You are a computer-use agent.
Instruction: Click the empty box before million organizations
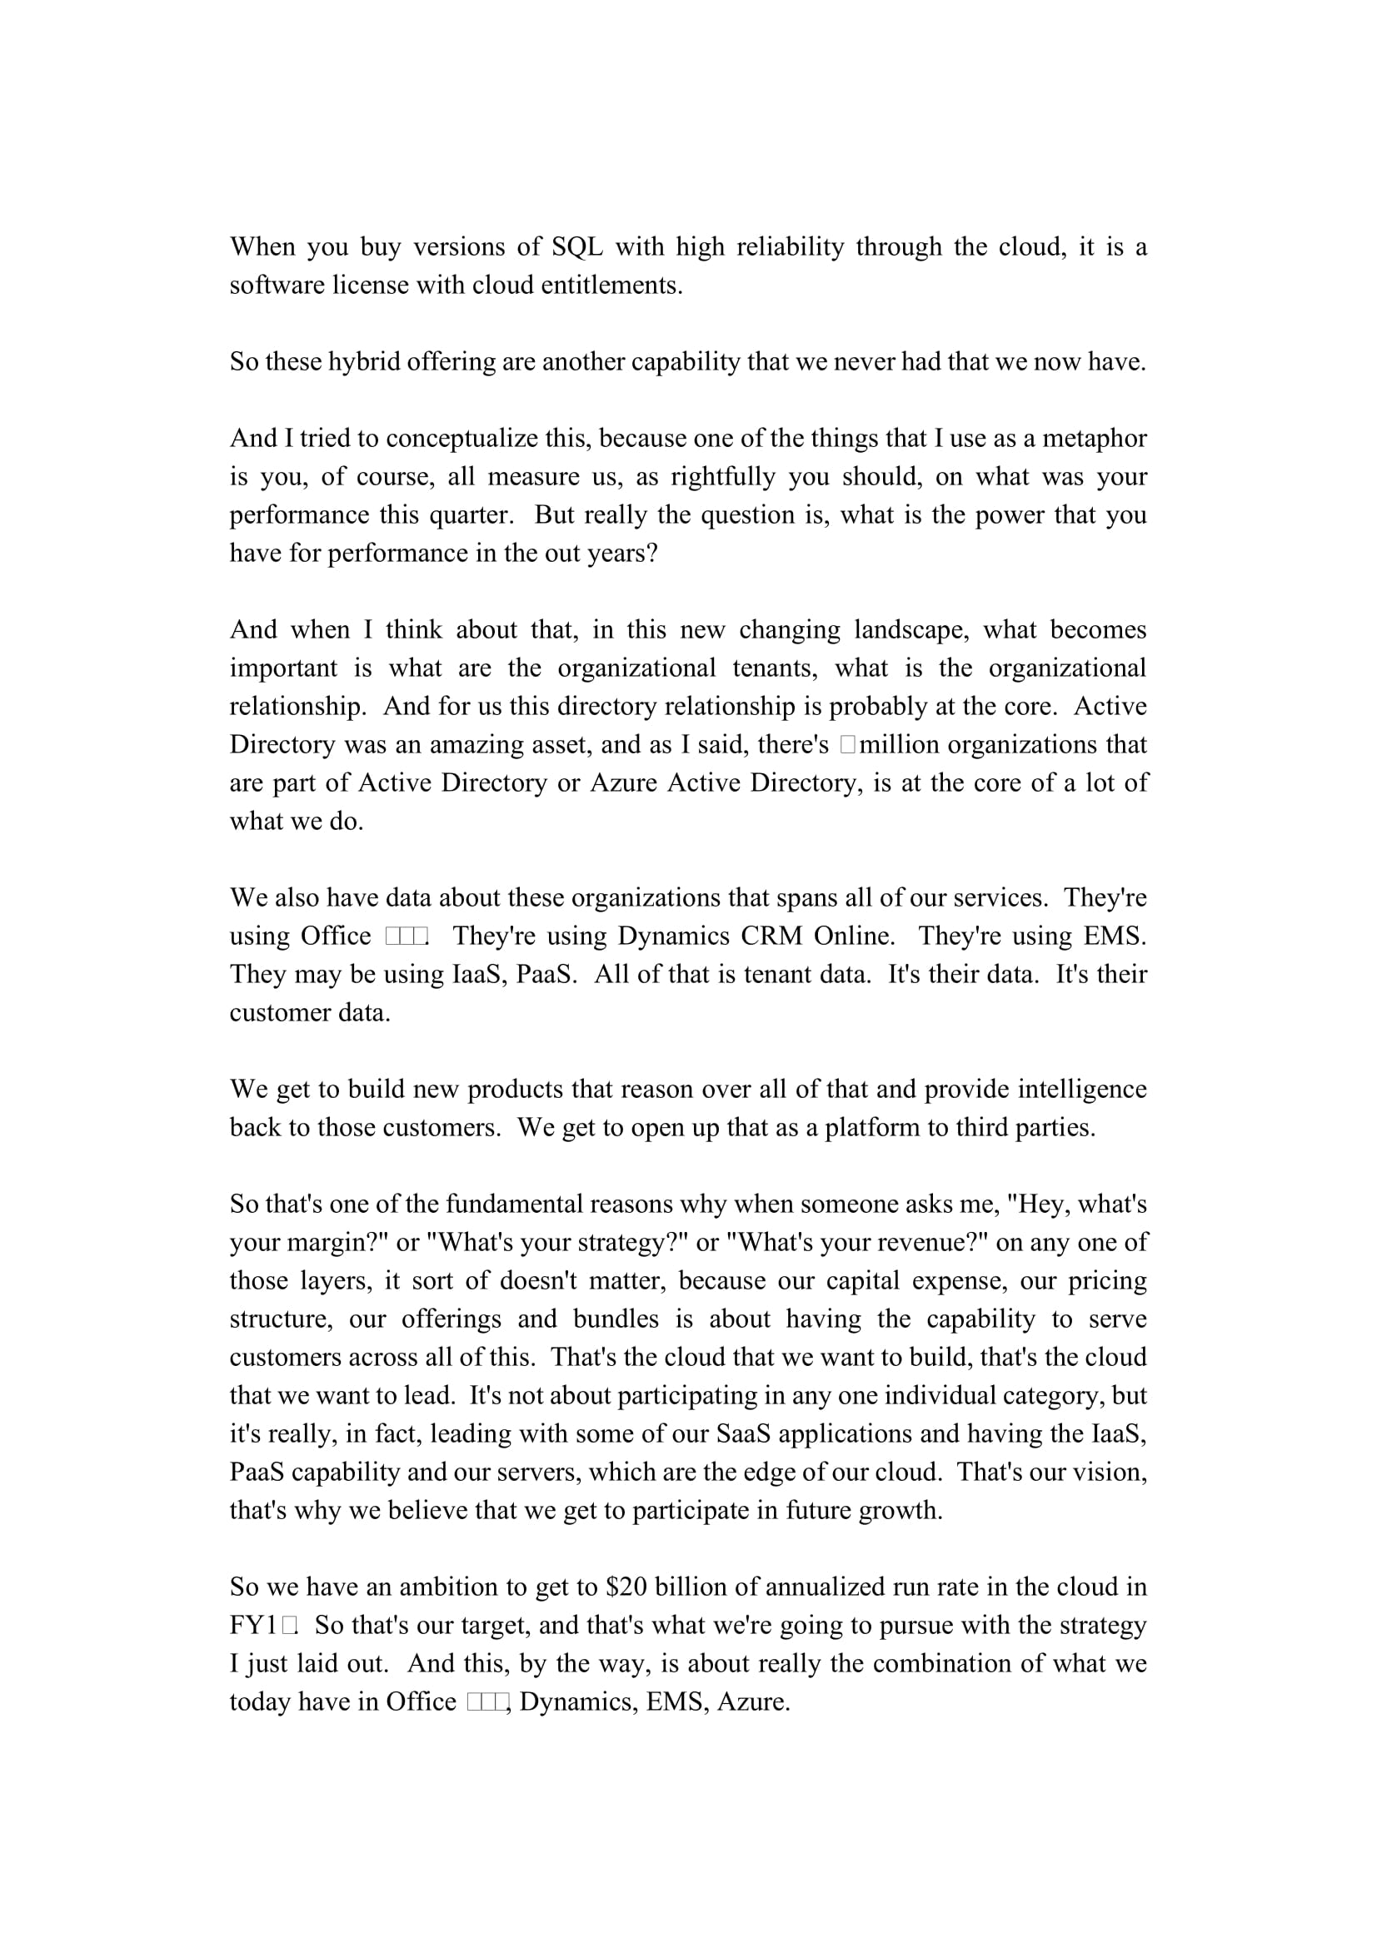click(847, 744)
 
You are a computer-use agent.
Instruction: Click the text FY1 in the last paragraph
click(253, 1625)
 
